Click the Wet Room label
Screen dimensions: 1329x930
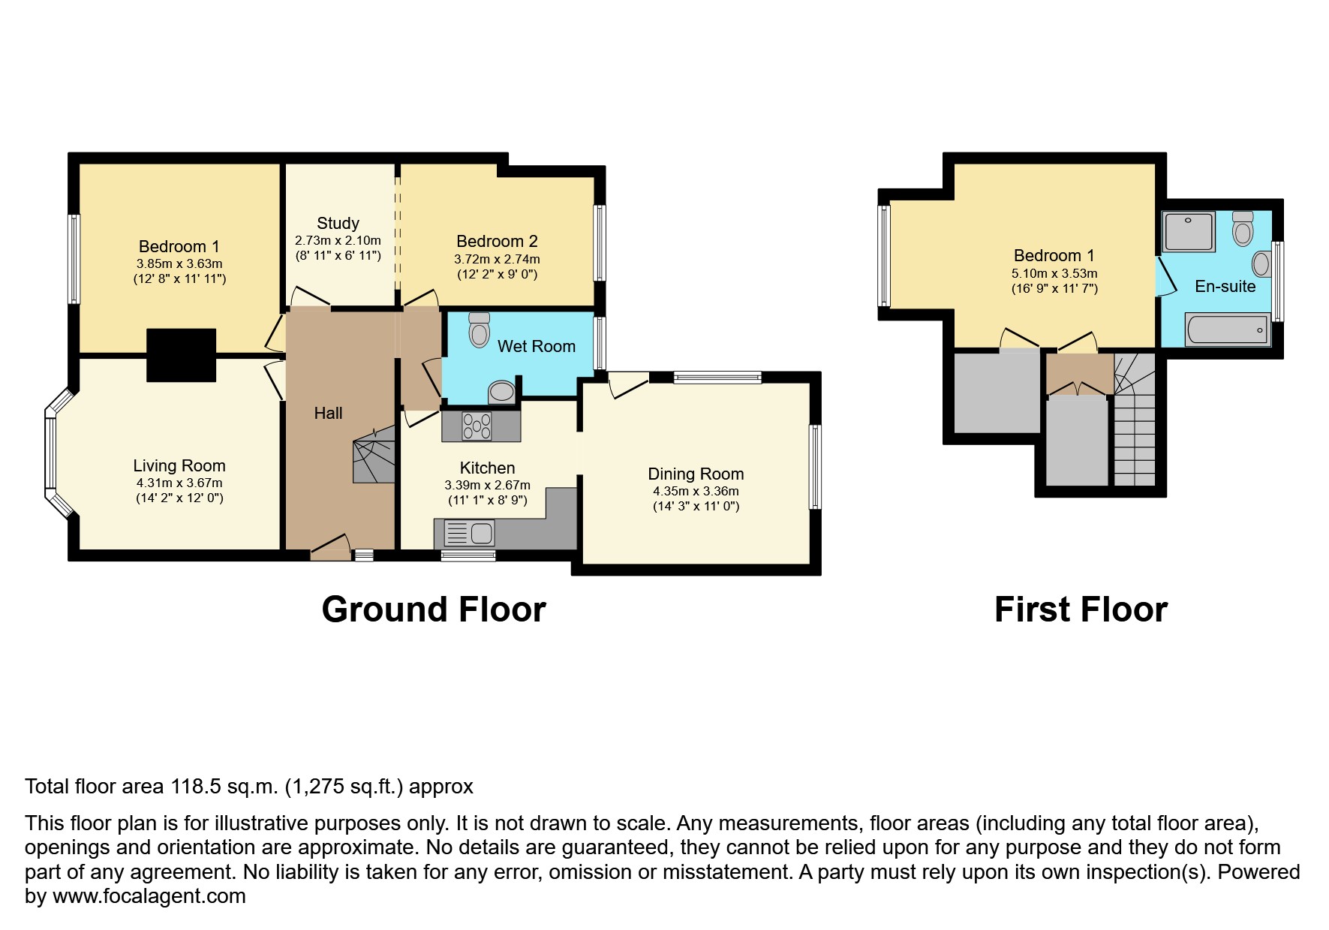(x=537, y=346)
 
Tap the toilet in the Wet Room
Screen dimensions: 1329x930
(x=479, y=330)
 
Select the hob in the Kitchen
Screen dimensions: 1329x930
(x=477, y=426)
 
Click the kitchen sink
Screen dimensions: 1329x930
(x=469, y=534)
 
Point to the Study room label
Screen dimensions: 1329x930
(x=338, y=223)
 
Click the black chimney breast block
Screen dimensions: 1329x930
(x=182, y=355)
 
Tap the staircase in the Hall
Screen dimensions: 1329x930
(x=374, y=453)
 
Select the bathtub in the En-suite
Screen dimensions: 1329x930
(x=1228, y=330)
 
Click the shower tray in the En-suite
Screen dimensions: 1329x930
(x=1188, y=231)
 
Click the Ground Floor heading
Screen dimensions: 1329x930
(x=434, y=609)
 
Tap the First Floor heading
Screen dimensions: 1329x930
(x=1081, y=609)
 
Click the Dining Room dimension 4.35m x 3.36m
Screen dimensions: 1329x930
(x=696, y=491)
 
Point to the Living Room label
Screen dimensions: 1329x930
(x=179, y=466)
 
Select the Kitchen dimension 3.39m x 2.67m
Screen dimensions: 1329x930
(x=488, y=485)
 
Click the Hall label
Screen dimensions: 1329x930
(x=328, y=413)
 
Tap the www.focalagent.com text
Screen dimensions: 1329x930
(x=149, y=896)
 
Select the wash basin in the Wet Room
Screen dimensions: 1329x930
(x=501, y=393)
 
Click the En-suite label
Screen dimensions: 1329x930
(x=1225, y=286)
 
